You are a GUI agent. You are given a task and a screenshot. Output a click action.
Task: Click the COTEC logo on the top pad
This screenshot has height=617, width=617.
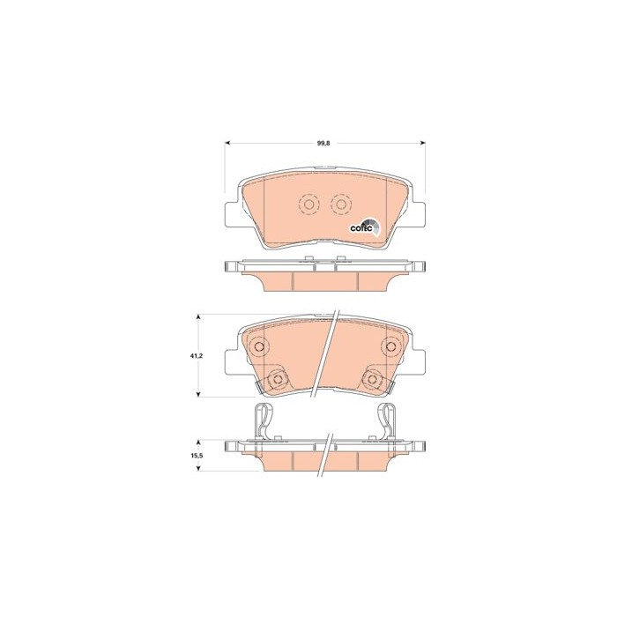click(365, 227)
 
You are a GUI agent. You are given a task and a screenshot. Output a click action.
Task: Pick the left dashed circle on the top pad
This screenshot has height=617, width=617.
click(308, 204)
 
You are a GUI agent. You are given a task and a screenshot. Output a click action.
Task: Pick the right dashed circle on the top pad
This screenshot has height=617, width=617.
click(340, 204)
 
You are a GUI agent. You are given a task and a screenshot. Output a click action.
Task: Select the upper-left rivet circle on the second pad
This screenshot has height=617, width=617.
click(258, 346)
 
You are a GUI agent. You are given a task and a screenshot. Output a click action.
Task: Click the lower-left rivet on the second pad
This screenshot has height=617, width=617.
click(278, 380)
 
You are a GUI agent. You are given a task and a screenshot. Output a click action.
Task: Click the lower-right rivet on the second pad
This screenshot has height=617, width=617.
click(373, 380)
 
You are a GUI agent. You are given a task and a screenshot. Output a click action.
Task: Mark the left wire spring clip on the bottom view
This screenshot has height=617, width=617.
click(260, 422)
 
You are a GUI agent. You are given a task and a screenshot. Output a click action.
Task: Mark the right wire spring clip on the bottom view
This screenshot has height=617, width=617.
click(390, 422)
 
